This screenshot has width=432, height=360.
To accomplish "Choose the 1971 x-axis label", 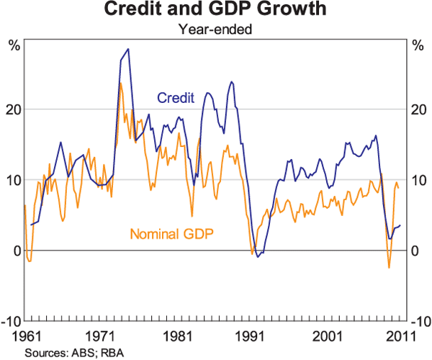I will (x=103, y=336).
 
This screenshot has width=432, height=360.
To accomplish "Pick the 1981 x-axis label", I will (x=178, y=336).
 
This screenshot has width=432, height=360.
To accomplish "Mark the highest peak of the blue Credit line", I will (x=127, y=50).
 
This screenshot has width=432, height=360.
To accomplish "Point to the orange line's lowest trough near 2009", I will (x=389, y=268).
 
